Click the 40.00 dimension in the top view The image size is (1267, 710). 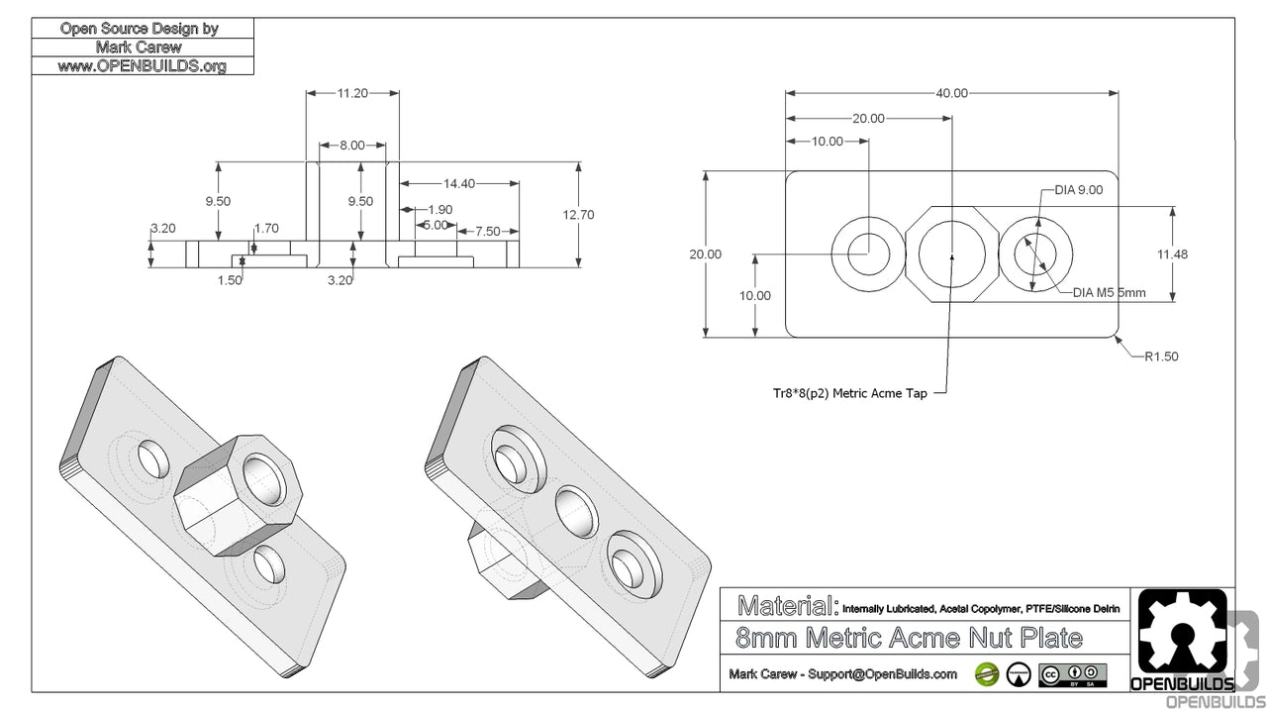pos(951,93)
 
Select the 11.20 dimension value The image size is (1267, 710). pos(352,93)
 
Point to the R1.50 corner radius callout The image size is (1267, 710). pos(1160,356)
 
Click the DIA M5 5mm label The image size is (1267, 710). pos(1109,292)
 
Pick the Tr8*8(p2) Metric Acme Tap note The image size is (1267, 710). pos(849,393)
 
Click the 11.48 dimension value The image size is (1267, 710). pos(1200,254)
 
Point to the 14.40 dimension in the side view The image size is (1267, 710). pos(459,183)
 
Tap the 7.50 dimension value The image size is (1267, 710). pos(486,231)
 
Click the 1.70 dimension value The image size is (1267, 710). pos(266,228)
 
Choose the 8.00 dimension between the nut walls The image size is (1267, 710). pos(351,145)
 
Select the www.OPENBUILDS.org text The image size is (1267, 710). pos(142,66)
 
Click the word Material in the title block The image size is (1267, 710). pos(788,604)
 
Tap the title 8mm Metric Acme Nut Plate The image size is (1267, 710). pos(910,638)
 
